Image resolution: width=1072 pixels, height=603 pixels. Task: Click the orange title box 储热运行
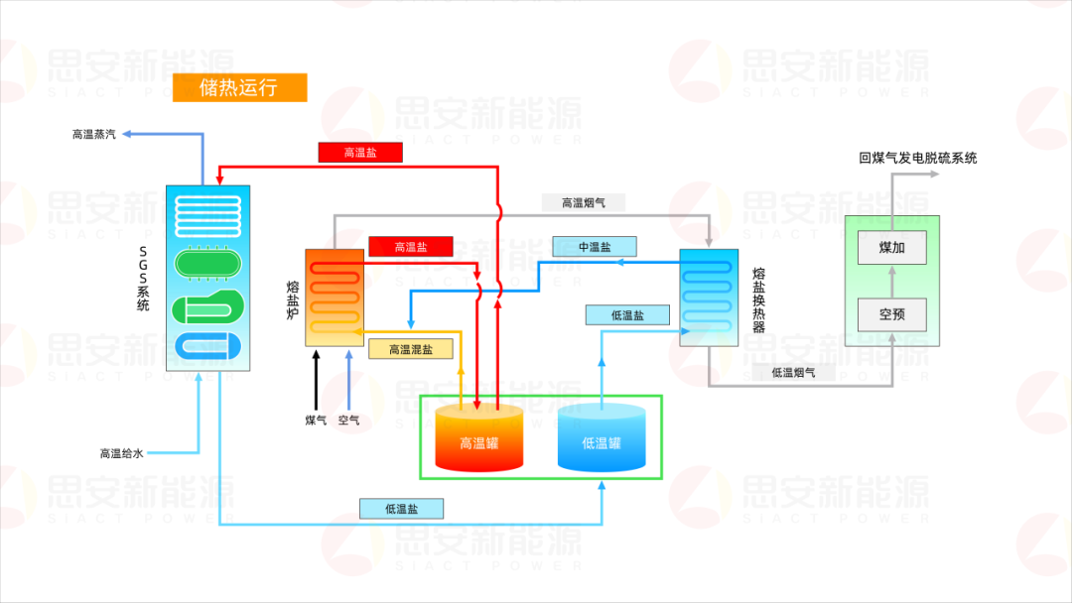click(239, 87)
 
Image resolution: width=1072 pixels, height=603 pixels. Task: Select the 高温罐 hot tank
click(478, 439)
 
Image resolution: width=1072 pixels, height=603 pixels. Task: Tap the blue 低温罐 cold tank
click(602, 439)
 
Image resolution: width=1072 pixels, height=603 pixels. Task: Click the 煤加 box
click(891, 247)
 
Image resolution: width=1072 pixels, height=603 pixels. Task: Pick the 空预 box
click(891, 314)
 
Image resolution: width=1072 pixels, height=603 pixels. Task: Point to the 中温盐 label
click(595, 246)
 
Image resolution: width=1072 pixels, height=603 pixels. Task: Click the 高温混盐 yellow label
click(410, 349)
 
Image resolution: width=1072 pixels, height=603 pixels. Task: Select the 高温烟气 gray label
click(584, 202)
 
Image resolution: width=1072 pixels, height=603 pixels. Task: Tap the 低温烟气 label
click(793, 372)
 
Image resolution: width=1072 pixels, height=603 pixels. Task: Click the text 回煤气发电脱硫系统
click(917, 158)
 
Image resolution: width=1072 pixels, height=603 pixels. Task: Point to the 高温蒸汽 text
click(93, 134)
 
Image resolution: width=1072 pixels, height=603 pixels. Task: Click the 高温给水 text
click(121, 453)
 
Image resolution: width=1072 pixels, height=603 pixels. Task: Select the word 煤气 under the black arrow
click(316, 421)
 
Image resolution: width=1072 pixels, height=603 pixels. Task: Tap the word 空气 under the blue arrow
click(349, 421)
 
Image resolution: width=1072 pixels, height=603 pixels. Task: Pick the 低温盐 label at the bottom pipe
click(401, 509)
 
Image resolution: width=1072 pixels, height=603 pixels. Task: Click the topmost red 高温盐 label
click(360, 152)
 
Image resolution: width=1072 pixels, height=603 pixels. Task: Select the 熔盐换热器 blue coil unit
click(708, 297)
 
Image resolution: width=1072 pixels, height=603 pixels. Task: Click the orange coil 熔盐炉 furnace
click(334, 297)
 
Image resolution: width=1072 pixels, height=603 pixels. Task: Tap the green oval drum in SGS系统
click(207, 264)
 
